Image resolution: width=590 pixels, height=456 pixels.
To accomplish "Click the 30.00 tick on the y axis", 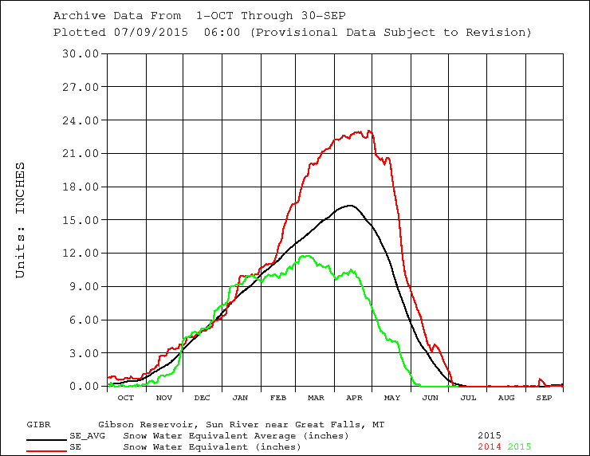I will [82, 53].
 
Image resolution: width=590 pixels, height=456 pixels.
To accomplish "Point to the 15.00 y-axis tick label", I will [82, 220].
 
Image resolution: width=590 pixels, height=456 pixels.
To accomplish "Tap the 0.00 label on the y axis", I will [85, 387].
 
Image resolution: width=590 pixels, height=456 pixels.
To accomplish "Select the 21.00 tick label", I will [82, 153].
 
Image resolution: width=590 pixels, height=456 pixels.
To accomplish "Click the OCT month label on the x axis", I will [126, 397].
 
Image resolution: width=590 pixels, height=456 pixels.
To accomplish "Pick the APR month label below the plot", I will [353, 397].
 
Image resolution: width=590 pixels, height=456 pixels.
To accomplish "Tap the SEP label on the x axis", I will [544, 397].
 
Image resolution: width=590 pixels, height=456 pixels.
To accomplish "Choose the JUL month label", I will [468, 397].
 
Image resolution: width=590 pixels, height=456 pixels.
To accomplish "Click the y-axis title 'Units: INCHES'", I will [22, 220].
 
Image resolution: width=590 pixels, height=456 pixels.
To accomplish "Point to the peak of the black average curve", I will [350, 206].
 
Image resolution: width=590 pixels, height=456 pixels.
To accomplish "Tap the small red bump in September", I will [541, 379].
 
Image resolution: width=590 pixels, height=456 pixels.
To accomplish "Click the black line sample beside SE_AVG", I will [46, 438].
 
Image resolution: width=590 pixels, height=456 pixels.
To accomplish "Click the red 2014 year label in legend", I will [490, 447].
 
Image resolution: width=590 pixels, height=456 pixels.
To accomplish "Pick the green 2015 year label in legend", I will [519, 447].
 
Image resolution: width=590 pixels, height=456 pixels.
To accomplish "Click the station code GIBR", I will [39, 425].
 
